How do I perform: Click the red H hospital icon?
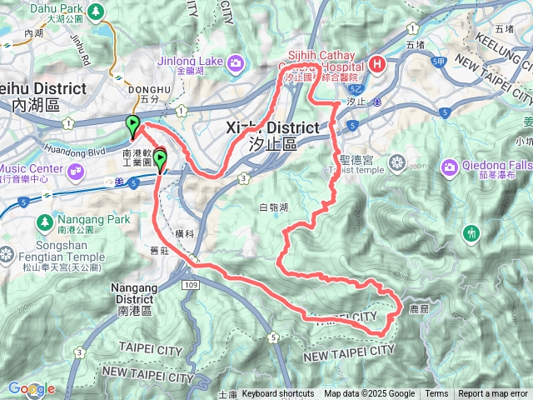click(377, 63)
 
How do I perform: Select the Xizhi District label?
click(272, 127)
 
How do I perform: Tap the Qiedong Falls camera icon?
click(451, 167)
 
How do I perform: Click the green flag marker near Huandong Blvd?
click(132, 126)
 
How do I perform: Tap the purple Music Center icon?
click(77, 172)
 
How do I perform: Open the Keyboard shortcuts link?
click(278, 394)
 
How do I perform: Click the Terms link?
click(436, 394)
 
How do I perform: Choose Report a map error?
click(494, 394)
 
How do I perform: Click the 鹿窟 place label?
click(419, 308)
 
